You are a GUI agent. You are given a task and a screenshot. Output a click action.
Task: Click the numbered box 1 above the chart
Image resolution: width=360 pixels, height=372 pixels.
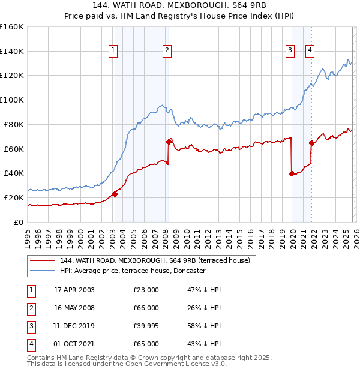pyautogui.click(x=113, y=51)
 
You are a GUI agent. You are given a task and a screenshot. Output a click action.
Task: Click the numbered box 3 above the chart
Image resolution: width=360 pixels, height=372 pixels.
pyautogui.click(x=290, y=51)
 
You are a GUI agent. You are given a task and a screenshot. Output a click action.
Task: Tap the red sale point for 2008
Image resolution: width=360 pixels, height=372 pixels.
pyautogui.click(x=169, y=142)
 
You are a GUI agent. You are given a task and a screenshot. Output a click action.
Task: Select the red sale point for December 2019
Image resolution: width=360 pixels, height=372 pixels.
pyautogui.click(x=292, y=173)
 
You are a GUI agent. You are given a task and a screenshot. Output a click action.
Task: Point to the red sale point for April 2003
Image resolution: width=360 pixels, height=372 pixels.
pyautogui.click(x=115, y=194)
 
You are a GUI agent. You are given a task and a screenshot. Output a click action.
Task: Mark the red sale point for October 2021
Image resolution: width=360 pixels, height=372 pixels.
pyautogui.click(x=311, y=143)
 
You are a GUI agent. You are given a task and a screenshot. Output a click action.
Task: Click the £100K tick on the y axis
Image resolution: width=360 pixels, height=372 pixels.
pyautogui.click(x=12, y=100)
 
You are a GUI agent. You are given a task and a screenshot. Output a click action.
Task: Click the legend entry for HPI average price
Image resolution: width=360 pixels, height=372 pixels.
pyautogui.click(x=133, y=271)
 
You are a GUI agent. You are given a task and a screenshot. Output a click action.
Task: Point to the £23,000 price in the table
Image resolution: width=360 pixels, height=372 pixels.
pyautogui.click(x=146, y=290)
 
